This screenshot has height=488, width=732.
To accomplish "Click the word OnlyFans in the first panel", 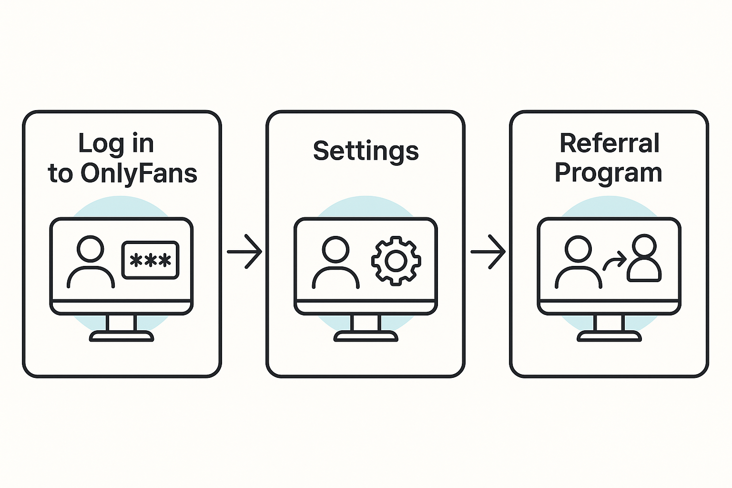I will tap(139, 173).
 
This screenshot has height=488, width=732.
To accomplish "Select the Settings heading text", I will tap(366, 152).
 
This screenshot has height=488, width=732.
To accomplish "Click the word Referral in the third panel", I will tap(610, 143).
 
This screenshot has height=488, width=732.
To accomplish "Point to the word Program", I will tap(609, 173).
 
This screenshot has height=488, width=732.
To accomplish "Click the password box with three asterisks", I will tap(150, 260).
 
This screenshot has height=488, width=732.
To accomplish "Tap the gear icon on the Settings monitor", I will tap(396, 261).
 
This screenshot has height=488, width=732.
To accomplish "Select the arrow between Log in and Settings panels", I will tap(244, 251).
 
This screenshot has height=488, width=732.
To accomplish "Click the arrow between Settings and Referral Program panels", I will tap(488, 251).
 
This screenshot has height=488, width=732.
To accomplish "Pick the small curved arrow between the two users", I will tap(615, 261).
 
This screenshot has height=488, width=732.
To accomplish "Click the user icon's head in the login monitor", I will tap(91, 248).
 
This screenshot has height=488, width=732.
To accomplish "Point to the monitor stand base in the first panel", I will tap(122, 336).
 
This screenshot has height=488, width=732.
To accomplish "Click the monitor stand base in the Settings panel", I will tap(366, 336).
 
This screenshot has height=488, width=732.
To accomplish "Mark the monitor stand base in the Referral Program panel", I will tap(609, 336).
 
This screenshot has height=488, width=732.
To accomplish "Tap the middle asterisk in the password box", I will tap(150, 261).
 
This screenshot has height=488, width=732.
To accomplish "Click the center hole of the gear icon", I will tap(396, 261).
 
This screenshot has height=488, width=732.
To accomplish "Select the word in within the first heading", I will tap(142, 144).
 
